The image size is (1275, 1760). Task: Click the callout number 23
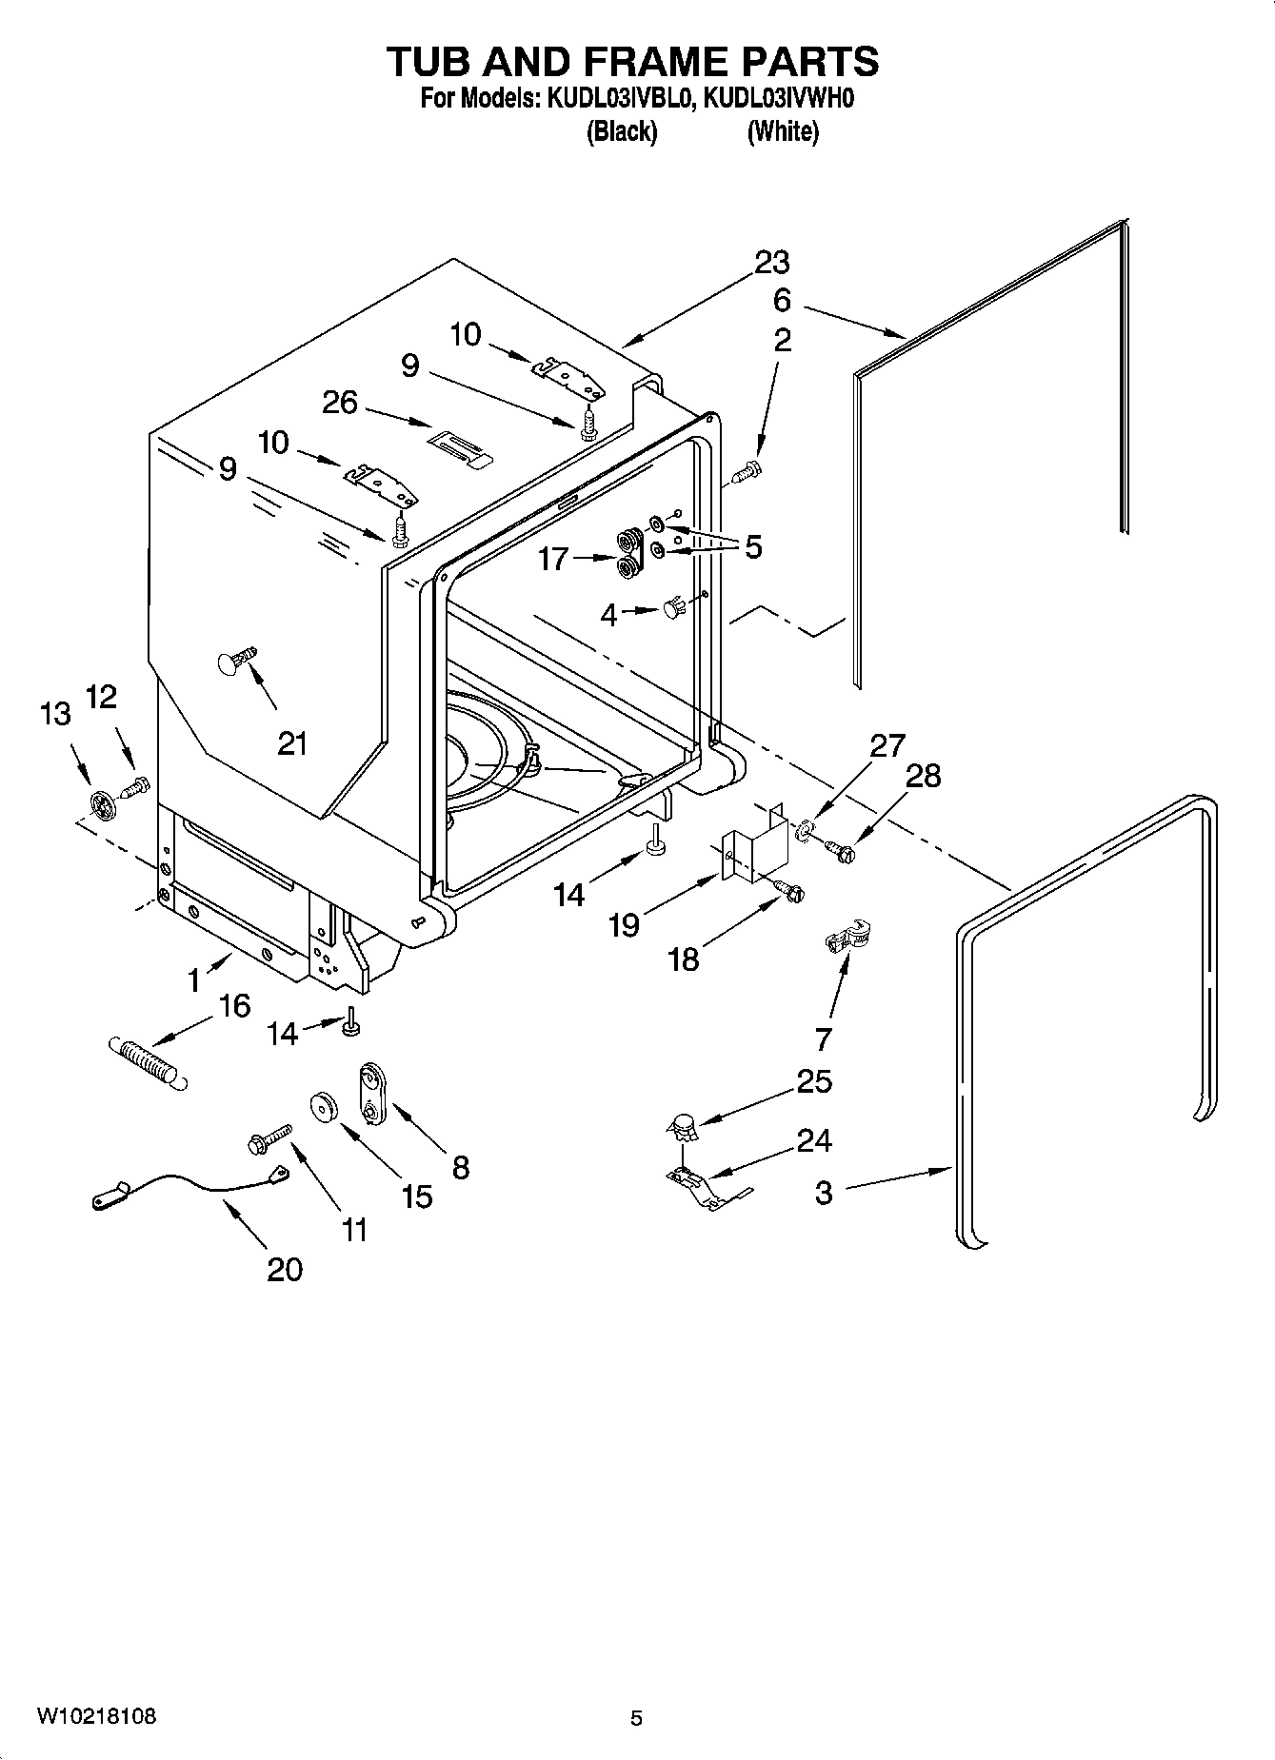point(772,262)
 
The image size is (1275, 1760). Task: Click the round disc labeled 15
point(325,1109)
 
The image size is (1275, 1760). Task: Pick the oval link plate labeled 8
point(371,1096)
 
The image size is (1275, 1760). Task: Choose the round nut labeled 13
point(102,805)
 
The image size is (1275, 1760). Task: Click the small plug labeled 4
point(673,607)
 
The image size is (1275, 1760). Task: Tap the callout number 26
point(340,403)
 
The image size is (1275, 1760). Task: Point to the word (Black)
point(621,131)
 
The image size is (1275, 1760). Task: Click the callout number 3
point(824,1192)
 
